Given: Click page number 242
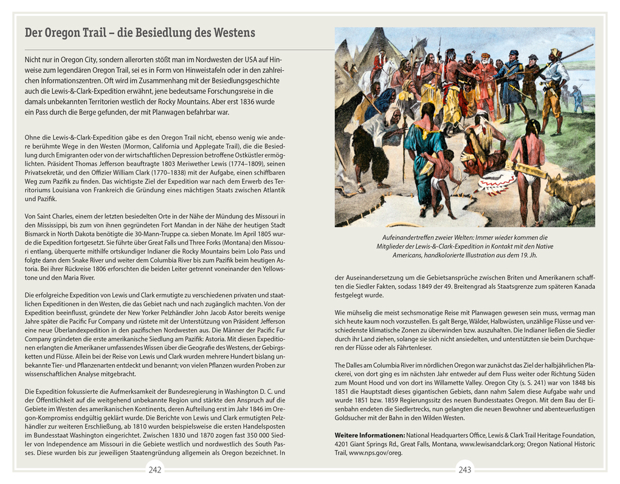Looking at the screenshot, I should click(x=155, y=469).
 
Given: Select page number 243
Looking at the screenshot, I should click(x=464, y=469).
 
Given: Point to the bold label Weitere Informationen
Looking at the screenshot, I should click(x=370, y=435).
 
